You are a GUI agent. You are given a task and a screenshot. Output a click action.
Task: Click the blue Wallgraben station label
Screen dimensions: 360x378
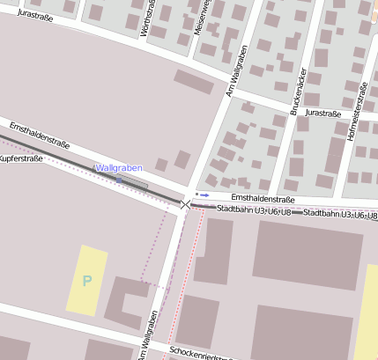tap(118, 167)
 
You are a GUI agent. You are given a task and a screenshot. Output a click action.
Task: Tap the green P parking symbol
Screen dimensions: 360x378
tap(86, 281)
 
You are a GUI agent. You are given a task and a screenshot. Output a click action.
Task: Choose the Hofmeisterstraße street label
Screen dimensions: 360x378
tap(361, 109)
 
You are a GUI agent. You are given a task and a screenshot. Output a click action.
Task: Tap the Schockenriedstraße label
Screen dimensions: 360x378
tap(199, 354)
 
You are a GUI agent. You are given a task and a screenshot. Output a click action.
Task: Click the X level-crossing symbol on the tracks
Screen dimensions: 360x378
tap(185, 204)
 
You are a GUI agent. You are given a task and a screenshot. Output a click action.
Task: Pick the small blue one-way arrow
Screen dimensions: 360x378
tap(204, 195)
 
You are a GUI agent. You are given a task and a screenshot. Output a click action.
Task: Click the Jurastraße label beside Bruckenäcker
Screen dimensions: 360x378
tap(323, 114)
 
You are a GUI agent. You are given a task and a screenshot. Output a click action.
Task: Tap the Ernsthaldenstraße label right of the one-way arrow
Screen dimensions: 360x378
tap(262, 199)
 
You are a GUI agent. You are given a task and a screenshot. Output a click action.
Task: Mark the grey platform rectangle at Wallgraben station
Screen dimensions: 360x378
tap(133, 181)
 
